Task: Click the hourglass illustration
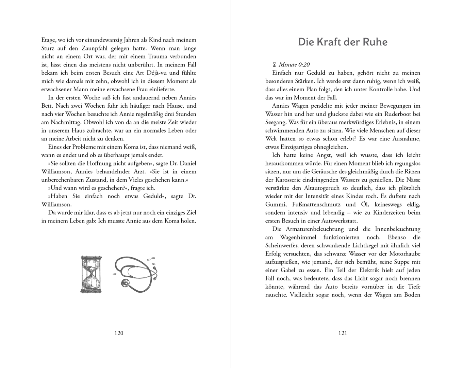pyautogui.click(x=91, y=274)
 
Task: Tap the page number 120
pyautogui.click(x=119, y=333)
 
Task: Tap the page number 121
pyautogui.click(x=343, y=333)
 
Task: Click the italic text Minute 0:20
pyautogui.click(x=294, y=64)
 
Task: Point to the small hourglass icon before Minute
pyautogui.click(x=274, y=64)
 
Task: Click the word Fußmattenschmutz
pyautogui.click(x=316, y=204)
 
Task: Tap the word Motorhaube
pyautogui.click(x=403, y=254)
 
